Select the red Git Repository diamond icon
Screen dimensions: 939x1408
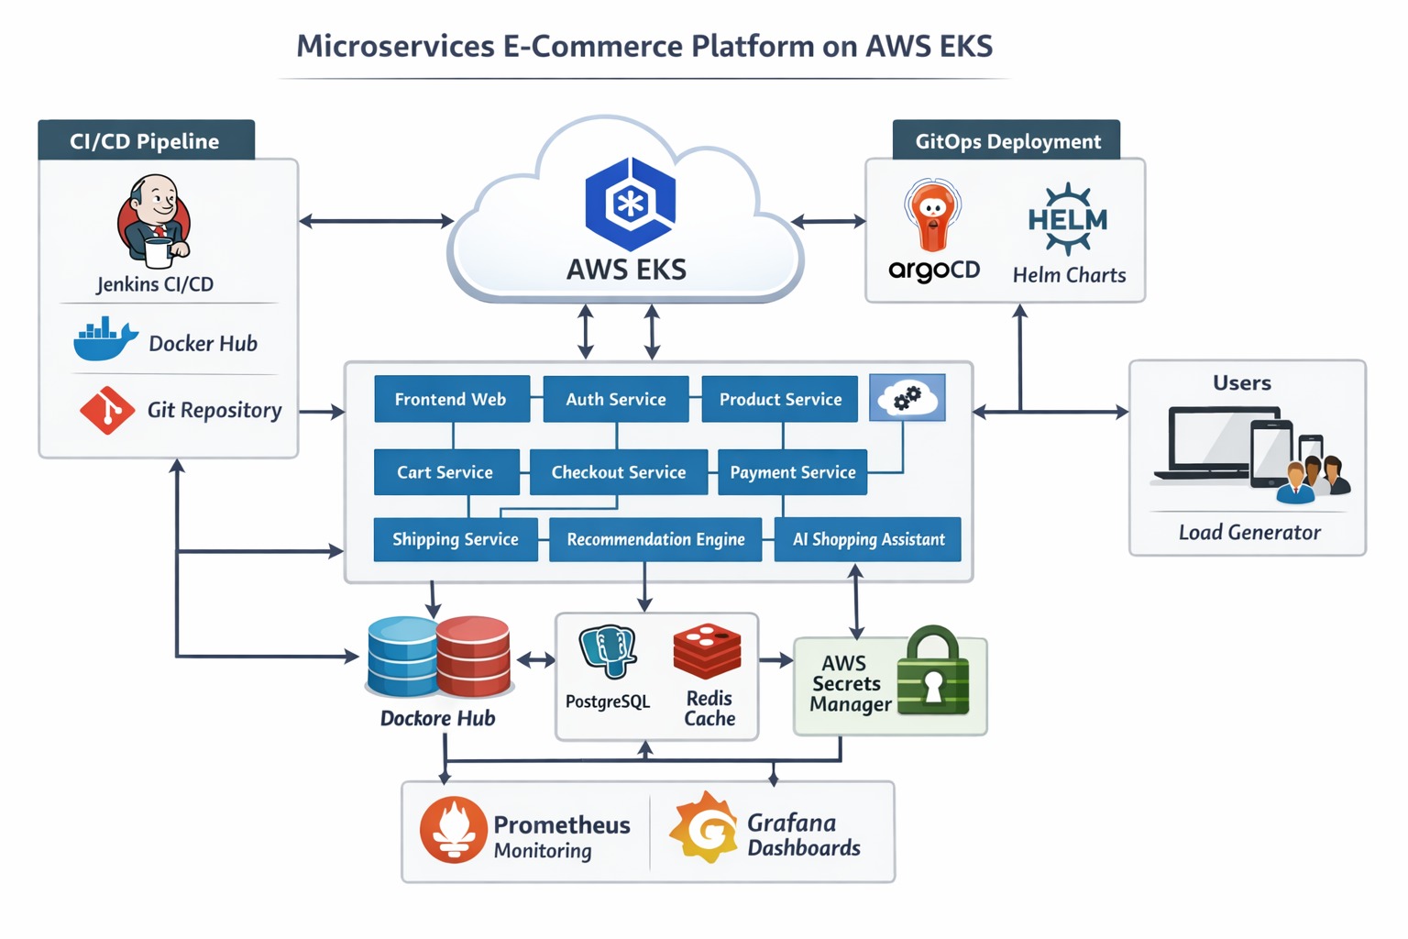(106, 410)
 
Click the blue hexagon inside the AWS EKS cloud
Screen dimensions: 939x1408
(630, 204)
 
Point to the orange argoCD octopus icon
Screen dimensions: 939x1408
(932, 216)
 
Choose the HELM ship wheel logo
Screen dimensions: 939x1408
(1068, 219)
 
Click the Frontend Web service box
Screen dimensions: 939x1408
(451, 399)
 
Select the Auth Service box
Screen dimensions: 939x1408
(615, 399)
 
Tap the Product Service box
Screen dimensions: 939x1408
(779, 399)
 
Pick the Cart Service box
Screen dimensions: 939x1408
(445, 472)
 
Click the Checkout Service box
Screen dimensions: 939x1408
(618, 472)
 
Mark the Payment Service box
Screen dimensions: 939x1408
(792, 472)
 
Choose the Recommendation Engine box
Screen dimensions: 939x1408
(654, 539)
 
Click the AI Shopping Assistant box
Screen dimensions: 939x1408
(867, 539)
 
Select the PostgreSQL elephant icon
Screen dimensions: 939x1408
(607, 652)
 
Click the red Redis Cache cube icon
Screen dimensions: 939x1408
(707, 651)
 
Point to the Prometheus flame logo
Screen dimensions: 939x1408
(453, 830)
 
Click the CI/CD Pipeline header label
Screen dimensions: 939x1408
(146, 140)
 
